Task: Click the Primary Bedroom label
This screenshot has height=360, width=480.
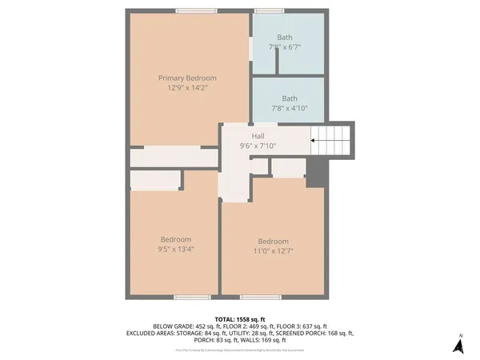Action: click(x=187, y=78)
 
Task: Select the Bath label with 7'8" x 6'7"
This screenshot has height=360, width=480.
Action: click(x=286, y=38)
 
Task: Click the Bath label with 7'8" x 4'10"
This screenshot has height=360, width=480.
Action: click(x=289, y=98)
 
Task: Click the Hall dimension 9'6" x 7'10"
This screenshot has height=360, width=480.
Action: click(x=258, y=146)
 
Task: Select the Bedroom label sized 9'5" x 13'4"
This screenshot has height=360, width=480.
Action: click(x=175, y=239)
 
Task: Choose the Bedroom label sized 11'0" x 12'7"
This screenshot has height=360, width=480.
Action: click(x=273, y=242)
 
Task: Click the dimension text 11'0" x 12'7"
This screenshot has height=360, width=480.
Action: click(x=273, y=251)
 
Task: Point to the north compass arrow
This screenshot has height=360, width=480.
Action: click(x=458, y=346)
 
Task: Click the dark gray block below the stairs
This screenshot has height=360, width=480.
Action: click(x=317, y=169)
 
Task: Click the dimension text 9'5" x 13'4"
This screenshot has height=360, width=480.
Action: click(x=175, y=249)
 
